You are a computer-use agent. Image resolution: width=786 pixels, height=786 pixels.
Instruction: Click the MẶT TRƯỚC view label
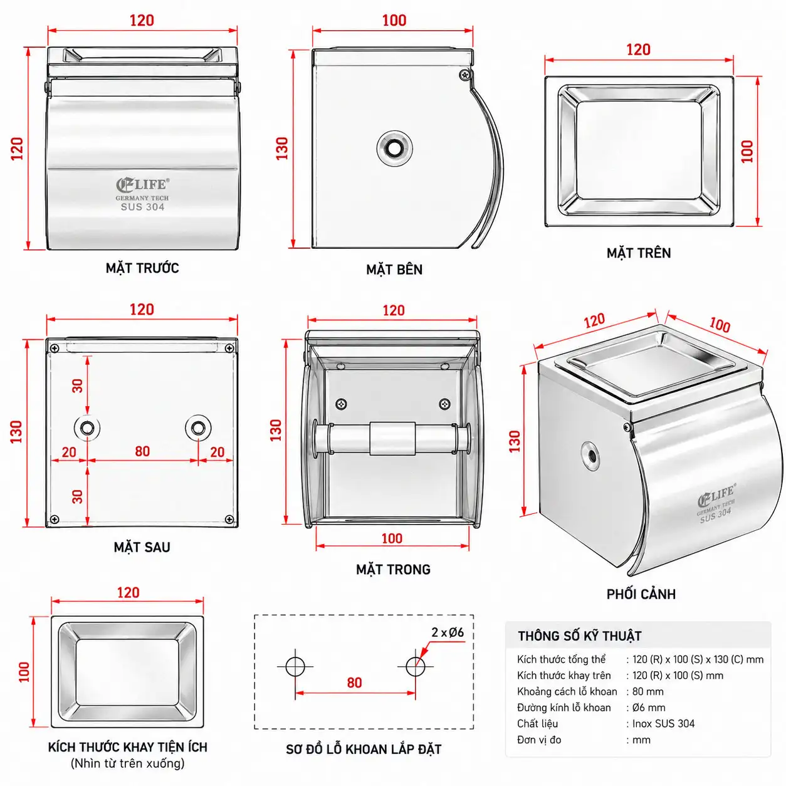click(x=142, y=268)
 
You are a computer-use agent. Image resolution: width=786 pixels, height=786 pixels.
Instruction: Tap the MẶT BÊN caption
click(x=394, y=269)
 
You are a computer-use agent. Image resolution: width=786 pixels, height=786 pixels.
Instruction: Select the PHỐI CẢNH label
click(x=641, y=594)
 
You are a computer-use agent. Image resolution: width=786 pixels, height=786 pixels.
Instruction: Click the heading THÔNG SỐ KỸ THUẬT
click(x=580, y=636)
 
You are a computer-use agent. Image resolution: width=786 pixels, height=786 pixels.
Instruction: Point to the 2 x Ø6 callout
click(x=448, y=632)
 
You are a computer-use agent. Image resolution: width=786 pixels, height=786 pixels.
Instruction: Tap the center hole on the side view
click(x=394, y=149)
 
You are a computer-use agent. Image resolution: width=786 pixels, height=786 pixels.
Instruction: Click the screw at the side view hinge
click(x=464, y=74)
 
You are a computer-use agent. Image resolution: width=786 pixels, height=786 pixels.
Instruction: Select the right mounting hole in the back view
click(x=198, y=428)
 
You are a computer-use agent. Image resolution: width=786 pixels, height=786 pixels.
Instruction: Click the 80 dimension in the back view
click(x=142, y=451)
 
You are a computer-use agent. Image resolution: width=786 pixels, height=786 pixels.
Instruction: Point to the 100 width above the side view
click(x=394, y=20)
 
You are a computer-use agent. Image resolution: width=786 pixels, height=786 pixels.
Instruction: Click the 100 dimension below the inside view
click(x=392, y=538)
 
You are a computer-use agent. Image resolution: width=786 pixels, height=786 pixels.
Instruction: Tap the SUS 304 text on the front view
click(x=142, y=207)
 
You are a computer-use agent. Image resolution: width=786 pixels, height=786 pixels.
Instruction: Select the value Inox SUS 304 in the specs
click(x=663, y=723)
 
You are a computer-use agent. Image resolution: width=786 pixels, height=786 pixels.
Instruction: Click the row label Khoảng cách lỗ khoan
click(x=567, y=691)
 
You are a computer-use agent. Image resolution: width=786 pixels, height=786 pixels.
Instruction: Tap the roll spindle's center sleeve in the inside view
click(x=392, y=439)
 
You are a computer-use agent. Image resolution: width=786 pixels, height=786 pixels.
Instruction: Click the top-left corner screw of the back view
click(x=55, y=348)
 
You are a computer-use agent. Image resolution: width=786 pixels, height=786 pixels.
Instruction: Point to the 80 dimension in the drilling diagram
click(x=354, y=683)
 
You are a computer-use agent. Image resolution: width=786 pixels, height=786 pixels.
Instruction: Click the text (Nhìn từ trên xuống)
click(x=128, y=763)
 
